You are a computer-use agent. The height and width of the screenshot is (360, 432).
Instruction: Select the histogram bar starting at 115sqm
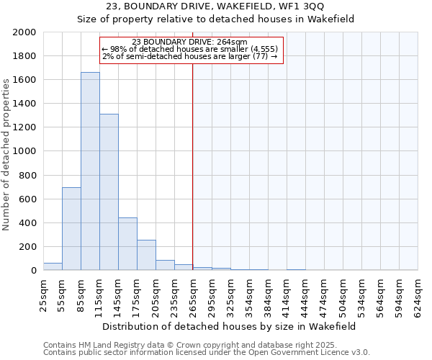[x=109, y=192]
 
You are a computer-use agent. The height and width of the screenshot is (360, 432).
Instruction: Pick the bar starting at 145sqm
[x=127, y=244]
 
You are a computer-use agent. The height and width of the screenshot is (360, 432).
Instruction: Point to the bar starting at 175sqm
[x=146, y=255]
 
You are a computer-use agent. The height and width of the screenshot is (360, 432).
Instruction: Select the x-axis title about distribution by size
[x=230, y=326]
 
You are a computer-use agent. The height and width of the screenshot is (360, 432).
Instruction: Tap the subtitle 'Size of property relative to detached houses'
[x=216, y=19]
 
